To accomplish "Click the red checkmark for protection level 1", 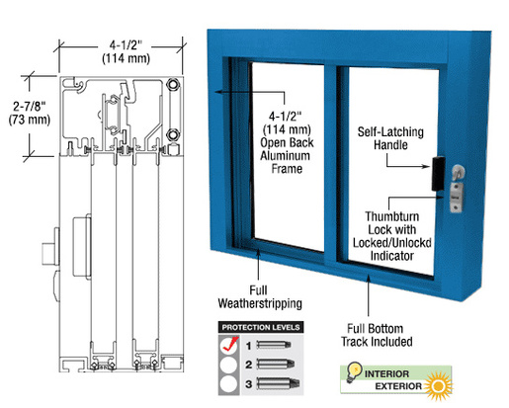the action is point(230,344).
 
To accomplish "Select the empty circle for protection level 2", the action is point(229,365).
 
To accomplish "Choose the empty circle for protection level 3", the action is point(229,384).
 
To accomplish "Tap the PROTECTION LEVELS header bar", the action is point(261,327).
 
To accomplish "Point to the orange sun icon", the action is point(439,386).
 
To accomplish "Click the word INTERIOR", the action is point(386,374).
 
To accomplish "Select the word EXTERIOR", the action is point(398,386).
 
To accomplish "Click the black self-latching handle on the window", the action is point(438,174).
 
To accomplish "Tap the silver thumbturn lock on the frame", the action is point(457,189).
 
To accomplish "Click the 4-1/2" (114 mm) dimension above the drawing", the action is point(126,51).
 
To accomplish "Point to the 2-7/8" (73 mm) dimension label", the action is point(30,113).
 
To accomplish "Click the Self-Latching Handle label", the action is point(390,138).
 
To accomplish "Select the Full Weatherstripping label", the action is point(260,297).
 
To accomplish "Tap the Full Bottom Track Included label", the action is point(377,335).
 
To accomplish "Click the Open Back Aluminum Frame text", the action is point(287,155).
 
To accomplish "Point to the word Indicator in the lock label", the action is point(392,256).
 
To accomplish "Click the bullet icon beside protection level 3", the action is point(278,384).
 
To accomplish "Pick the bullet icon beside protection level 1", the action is point(274,345).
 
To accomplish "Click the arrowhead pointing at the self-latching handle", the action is point(427,166).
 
